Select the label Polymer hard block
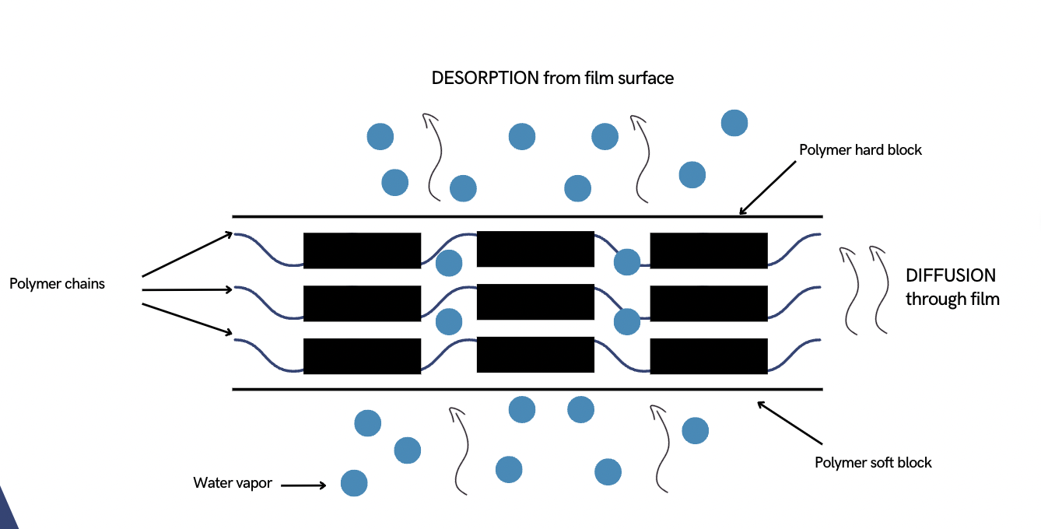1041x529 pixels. click(x=860, y=149)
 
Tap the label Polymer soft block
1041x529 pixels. click(x=873, y=462)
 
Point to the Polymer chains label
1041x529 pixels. click(x=57, y=284)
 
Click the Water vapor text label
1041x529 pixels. click(x=233, y=483)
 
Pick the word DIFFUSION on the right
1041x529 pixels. click(x=951, y=275)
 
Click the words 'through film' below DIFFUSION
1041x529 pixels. click(x=952, y=299)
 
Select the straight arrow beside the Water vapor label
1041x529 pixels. click(x=303, y=485)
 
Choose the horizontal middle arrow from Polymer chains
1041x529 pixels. click(x=188, y=289)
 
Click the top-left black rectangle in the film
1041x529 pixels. click(x=362, y=250)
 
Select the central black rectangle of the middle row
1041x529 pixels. click(x=535, y=302)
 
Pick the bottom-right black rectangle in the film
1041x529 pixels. click(x=709, y=356)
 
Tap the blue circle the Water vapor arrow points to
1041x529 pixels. click(x=353, y=483)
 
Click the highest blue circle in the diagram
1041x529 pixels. click(x=734, y=123)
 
